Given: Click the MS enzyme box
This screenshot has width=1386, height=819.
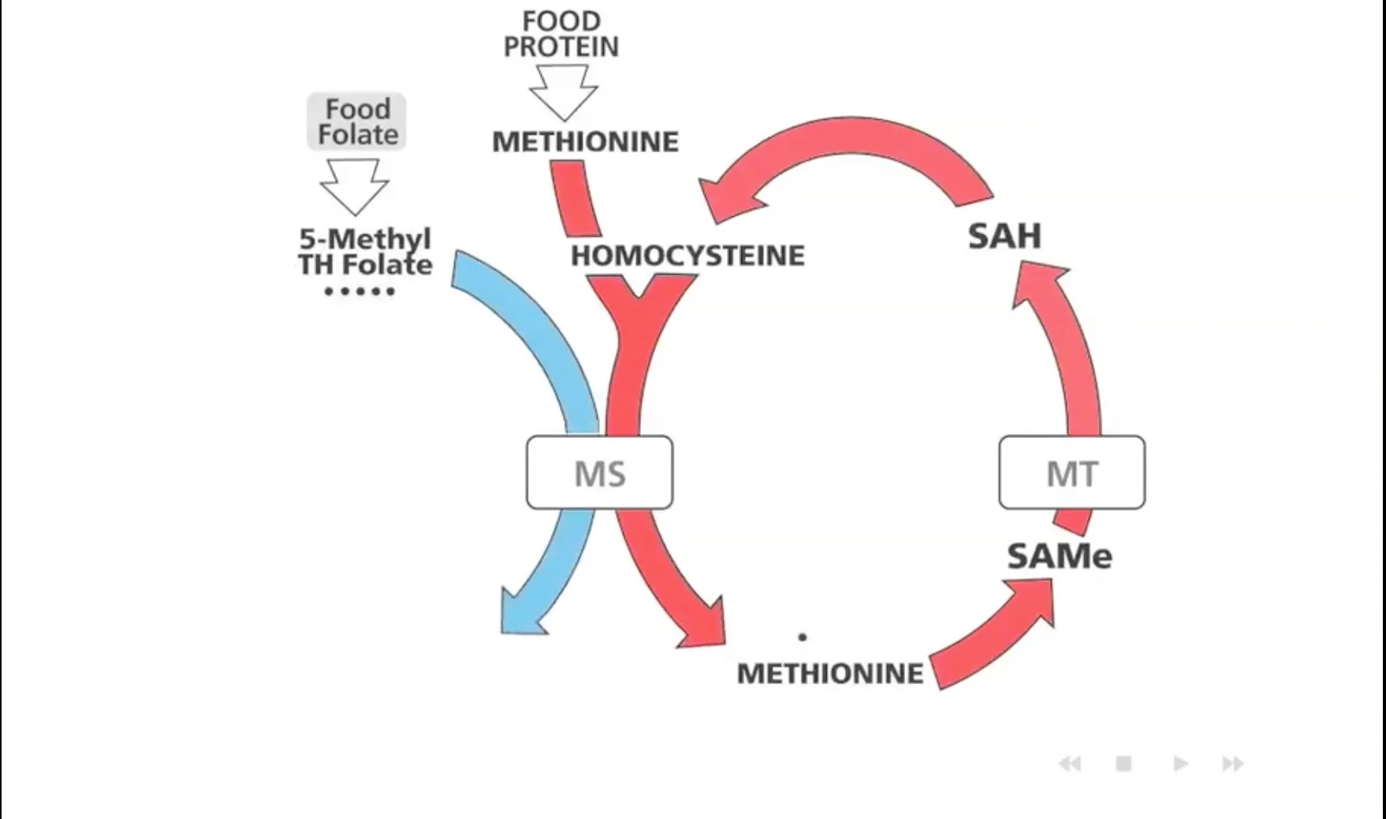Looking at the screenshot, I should tap(599, 473).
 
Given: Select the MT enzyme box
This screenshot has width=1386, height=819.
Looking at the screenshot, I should tap(1071, 473).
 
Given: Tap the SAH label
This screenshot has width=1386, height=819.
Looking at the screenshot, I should tap(1004, 236).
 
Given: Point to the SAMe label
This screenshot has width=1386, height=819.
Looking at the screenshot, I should tap(1060, 556).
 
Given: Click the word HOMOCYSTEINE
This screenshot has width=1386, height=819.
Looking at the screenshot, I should tap(687, 256).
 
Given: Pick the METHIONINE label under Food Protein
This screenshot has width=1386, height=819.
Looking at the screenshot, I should tap(585, 142).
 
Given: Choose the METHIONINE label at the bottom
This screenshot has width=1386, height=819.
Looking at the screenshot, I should tap(829, 674).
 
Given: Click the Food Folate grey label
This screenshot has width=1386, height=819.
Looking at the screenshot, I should tap(357, 122).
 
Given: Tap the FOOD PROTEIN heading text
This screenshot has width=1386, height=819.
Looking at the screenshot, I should tap(561, 34).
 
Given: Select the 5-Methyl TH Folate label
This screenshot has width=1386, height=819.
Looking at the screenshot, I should tap(365, 252).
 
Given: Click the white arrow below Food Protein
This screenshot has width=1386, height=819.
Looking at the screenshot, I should tap(563, 91).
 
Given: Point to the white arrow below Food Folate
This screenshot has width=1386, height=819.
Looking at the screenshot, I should tap(354, 185).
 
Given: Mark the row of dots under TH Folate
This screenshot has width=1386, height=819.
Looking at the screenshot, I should tap(359, 292).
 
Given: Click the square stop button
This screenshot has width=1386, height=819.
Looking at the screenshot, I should tap(1123, 764).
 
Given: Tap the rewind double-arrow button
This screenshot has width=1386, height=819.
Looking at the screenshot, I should tap(1069, 764).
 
